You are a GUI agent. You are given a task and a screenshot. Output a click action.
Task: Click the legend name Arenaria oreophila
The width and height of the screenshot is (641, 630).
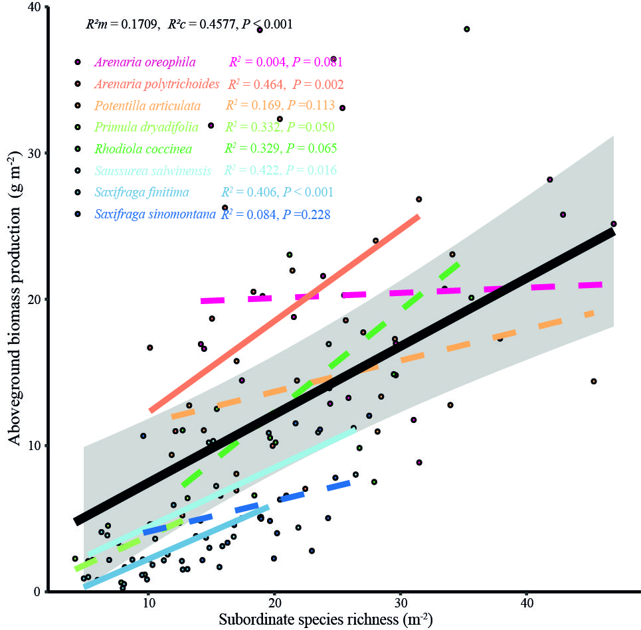click(145, 62)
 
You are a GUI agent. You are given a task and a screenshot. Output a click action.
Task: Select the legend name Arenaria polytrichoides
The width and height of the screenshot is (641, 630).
click(157, 84)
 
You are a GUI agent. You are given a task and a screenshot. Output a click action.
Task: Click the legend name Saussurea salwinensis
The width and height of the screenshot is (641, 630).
click(153, 171)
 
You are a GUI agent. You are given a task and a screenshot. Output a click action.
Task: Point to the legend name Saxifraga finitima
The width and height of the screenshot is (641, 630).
click(141, 193)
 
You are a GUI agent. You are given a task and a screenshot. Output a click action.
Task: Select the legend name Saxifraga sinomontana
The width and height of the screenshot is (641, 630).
click(155, 214)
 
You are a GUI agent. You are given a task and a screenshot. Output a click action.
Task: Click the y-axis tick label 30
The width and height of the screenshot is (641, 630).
click(34, 153)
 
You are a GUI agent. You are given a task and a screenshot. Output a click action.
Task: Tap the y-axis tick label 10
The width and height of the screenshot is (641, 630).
click(34, 445)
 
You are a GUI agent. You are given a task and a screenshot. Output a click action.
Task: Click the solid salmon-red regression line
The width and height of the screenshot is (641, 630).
click(286, 312)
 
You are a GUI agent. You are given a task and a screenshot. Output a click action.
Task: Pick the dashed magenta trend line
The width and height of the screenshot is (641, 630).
click(399, 293)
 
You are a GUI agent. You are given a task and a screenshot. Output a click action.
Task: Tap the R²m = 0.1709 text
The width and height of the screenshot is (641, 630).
click(123, 25)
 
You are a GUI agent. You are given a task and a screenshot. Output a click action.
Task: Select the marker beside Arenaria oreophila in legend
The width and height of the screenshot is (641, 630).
click(78, 62)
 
